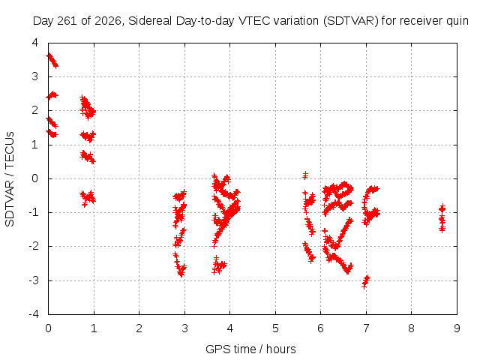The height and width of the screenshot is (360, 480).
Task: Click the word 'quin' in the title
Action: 457,22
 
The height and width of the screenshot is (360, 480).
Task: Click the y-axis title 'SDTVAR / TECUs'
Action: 10,179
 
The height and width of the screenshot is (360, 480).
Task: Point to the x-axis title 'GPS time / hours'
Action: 250,349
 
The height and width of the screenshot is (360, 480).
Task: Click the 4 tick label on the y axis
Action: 35,43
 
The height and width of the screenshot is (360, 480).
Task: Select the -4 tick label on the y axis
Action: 34,314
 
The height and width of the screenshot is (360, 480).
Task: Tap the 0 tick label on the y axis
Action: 35,178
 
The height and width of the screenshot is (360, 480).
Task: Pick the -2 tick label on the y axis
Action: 34,246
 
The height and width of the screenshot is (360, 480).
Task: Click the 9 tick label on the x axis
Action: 457,328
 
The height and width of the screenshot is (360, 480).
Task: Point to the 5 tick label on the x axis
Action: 275,328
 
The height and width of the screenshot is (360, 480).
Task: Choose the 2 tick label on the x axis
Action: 139,328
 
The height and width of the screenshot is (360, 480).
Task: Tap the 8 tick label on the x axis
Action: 411,328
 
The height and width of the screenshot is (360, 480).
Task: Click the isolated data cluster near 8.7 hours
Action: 442,218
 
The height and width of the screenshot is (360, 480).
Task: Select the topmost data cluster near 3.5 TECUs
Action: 52,60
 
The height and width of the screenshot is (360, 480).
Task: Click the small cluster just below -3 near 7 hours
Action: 366,282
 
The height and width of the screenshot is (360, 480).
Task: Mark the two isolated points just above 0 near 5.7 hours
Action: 305,175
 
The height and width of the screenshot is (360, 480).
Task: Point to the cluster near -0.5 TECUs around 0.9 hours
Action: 88,198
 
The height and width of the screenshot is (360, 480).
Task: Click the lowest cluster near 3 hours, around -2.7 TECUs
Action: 180,265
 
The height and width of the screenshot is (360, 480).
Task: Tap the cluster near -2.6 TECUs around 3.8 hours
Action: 219,265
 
